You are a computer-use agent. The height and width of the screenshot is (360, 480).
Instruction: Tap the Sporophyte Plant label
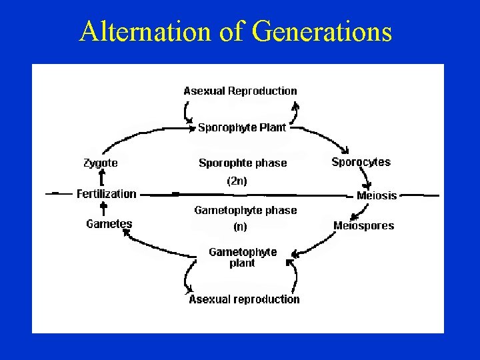[x=242, y=127]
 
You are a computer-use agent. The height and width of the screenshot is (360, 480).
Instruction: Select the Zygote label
[x=101, y=162]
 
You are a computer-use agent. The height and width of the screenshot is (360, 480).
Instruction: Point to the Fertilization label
[x=106, y=194]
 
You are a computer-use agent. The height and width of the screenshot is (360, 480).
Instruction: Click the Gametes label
[x=109, y=224]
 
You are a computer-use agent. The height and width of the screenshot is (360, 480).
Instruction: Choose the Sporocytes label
[x=361, y=162]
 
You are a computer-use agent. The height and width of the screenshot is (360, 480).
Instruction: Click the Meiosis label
[x=377, y=195]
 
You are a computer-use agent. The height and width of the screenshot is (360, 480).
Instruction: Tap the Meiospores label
[x=363, y=225]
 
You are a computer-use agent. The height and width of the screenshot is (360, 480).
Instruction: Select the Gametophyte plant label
[x=243, y=257]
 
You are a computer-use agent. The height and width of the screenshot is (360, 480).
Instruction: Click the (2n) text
[x=237, y=181]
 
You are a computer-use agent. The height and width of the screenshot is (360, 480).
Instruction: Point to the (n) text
[x=240, y=227]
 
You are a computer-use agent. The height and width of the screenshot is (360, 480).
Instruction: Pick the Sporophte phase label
[x=243, y=163]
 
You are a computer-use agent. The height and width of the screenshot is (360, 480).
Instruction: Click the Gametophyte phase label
[x=245, y=210]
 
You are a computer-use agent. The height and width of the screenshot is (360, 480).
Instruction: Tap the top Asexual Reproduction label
[x=240, y=91]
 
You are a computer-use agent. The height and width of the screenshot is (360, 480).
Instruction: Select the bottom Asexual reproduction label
[x=244, y=299]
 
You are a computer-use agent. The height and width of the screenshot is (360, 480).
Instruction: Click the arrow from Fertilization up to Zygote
[x=101, y=178]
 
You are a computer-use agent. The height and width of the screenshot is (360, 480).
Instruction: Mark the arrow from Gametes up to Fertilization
[x=103, y=209]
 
